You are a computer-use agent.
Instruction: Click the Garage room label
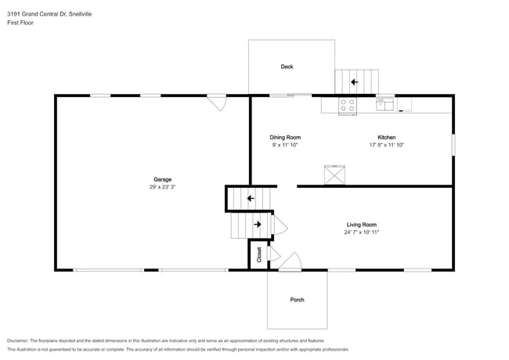[162, 179]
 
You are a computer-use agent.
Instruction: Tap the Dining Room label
[285, 138]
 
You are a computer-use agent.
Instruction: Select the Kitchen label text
[386, 138]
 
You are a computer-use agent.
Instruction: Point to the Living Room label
[362, 225]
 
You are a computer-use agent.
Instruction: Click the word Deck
[287, 67]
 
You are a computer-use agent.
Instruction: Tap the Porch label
[297, 300]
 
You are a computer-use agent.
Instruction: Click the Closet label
[259, 255]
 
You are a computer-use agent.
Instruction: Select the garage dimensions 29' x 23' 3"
[162, 187]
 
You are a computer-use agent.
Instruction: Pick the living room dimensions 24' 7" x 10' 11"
[362, 232]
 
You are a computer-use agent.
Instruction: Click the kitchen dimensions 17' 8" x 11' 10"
[386, 145]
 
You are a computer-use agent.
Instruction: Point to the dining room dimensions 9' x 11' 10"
[285, 145]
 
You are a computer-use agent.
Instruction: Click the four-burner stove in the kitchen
[348, 106]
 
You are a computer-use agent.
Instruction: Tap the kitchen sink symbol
[385, 104]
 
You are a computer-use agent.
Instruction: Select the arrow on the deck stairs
[354, 81]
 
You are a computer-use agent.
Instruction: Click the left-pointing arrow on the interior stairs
[251, 198]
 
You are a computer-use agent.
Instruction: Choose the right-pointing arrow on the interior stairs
[258, 224]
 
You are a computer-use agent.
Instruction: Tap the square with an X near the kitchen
[334, 175]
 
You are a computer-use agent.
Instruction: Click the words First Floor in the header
[20, 23]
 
